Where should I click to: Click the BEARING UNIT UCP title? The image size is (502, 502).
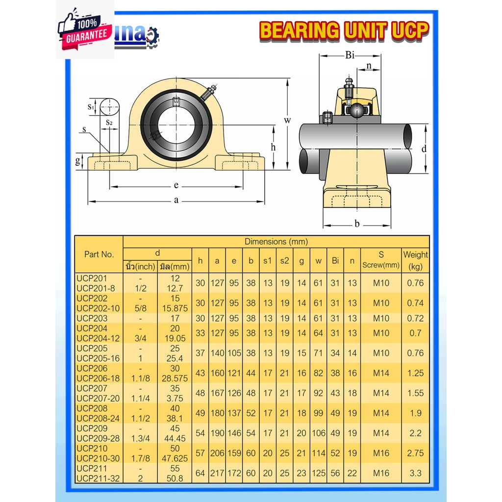pyautogui.click(x=344, y=30)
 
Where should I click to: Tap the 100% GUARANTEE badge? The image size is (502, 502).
pyautogui.click(x=84, y=29)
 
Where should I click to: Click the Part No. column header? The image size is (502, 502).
pyautogui.click(x=99, y=254)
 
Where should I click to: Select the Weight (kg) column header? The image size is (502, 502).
pyautogui.click(x=415, y=260)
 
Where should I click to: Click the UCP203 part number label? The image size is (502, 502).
pyautogui.click(x=92, y=318)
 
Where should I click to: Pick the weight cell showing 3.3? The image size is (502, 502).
pyautogui.click(x=415, y=473)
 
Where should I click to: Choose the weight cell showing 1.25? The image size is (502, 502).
pyautogui.click(x=415, y=373)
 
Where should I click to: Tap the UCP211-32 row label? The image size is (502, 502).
pyautogui.click(x=99, y=478)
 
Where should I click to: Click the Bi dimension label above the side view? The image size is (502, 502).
pyautogui.click(x=350, y=55)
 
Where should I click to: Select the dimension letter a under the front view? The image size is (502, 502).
pyautogui.click(x=176, y=201)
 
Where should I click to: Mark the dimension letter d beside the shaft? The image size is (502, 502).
pyautogui.click(x=424, y=149)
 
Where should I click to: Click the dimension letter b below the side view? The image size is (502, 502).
pyautogui.click(x=357, y=224)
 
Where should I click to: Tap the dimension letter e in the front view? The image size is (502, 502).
pyautogui.click(x=176, y=186)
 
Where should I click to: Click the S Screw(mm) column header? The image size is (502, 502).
pyautogui.click(x=381, y=260)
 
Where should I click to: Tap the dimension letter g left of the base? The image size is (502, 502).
pyautogui.click(x=77, y=161)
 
